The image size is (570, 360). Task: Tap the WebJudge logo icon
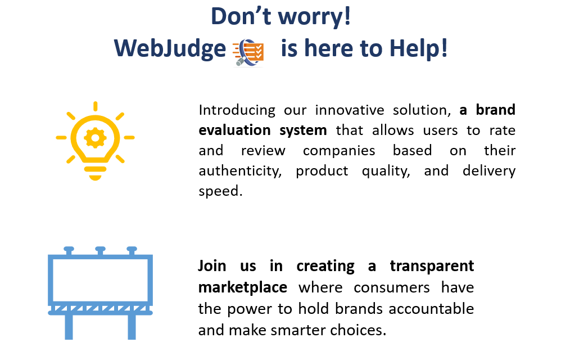pyautogui.click(x=248, y=52)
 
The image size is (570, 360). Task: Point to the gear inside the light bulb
pyautogui.click(x=95, y=138)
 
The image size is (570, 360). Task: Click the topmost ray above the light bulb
pyautogui.click(x=95, y=106)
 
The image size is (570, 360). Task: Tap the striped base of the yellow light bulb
pyautogui.click(x=95, y=173)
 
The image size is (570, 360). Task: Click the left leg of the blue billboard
pyautogui.click(x=69, y=327)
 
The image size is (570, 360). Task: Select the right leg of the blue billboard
pyautogui.click(x=132, y=327)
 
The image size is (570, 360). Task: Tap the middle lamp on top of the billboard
pyautogui.click(x=100, y=250)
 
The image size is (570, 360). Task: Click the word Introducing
pyautogui.click(x=237, y=110)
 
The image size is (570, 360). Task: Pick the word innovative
pyautogui.click(x=349, y=110)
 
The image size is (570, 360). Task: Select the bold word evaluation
pyautogui.click(x=234, y=130)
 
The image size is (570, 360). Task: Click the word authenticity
pyautogui.click(x=240, y=171)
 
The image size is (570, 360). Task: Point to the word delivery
pyautogui.click(x=489, y=171)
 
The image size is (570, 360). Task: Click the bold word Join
pyautogui.click(x=212, y=267)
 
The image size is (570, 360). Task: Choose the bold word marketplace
pyautogui.click(x=243, y=288)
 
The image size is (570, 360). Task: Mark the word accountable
pyautogui.click(x=431, y=309)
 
